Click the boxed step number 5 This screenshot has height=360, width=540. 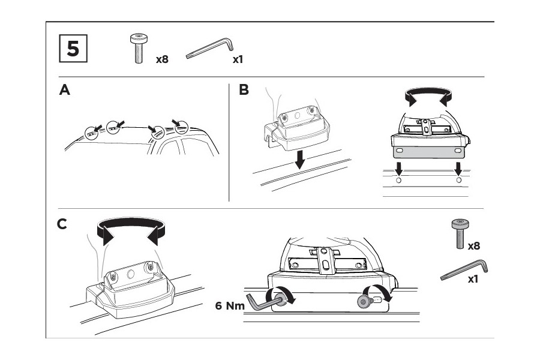pyautogui.click(x=73, y=49)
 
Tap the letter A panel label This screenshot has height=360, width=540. pyautogui.click(x=65, y=90)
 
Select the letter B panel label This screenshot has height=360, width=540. pyautogui.click(x=244, y=90)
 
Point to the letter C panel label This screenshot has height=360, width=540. pyautogui.click(x=62, y=224)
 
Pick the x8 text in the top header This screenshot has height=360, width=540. pyautogui.click(x=161, y=59)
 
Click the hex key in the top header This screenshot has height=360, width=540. pyautogui.click(x=209, y=49)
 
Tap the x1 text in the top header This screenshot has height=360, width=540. pyautogui.click(x=238, y=59)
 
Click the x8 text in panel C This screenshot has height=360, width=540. pyautogui.click(x=474, y=245)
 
